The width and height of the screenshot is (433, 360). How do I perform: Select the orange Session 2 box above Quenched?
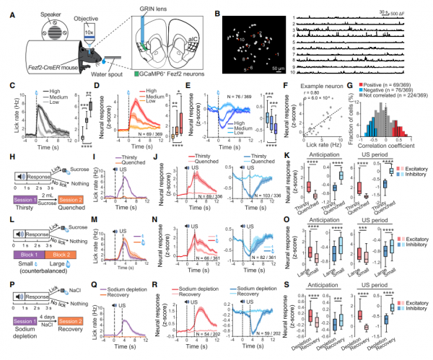pos(64,197)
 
